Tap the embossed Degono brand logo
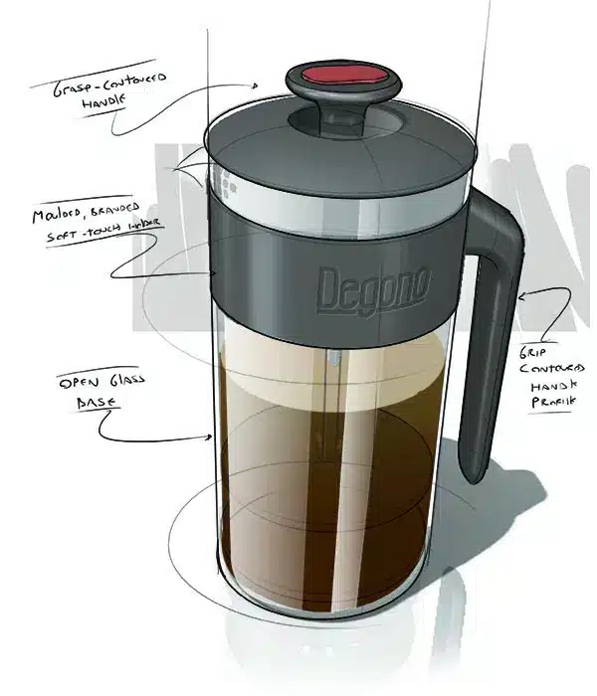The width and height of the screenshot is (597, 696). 373,288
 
